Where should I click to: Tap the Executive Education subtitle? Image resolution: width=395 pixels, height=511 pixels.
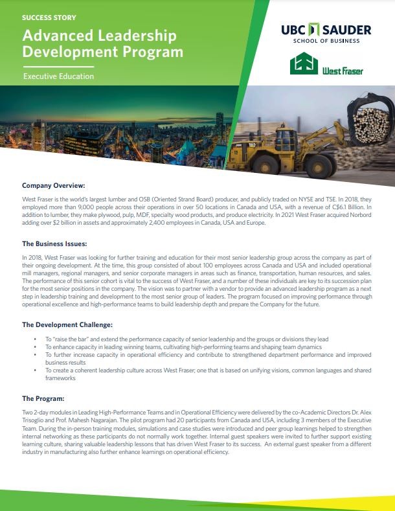click(58, 76)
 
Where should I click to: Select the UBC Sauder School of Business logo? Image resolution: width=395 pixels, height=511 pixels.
click(326, 34)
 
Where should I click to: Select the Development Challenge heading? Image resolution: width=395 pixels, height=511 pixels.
click(67, 324)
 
